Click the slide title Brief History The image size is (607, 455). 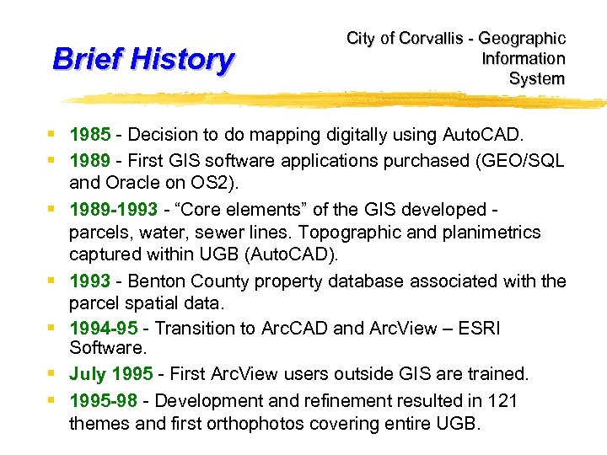point(142,60)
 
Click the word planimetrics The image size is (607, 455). point(492,232)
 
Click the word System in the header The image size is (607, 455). point(537,79)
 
